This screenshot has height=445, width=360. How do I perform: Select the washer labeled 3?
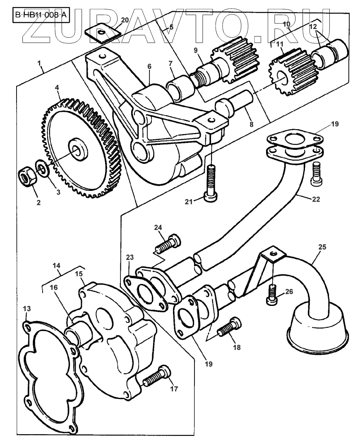tap(42, 168)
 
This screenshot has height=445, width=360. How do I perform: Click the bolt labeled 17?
tap(157, 376)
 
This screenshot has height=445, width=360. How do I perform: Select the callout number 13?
tap(27, 309)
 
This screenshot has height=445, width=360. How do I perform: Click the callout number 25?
tap(322, 247)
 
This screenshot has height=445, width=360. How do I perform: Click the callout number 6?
tap(149, 66)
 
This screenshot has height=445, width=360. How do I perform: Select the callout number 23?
tap(130, 257)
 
